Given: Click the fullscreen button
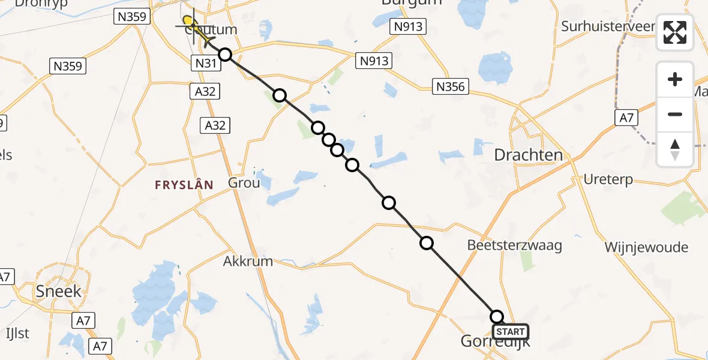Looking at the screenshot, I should pyautogui.click(x=675, y=32).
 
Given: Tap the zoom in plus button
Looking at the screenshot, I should pyautogui.click(x=675, y=79).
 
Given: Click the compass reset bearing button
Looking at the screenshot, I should pyautogui.click(x=675, y=149).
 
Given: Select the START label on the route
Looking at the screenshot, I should pyautogui.click(x=511, y=332).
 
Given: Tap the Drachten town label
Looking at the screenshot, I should pyautogui.click(x=528, y=155).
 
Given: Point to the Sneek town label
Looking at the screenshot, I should pyautogui.click(x=51, y=292).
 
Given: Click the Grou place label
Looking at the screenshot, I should pyautogui.click(x=244, y=182).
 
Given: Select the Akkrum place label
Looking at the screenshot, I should pyautogui.click(x=248, y=261).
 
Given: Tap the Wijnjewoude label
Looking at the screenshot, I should pyautogui.click(x=646, y=247).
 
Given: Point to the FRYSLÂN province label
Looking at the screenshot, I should pyautogui.click(x=184, y=185).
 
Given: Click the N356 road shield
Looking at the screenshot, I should pyautogui.click(x=450, y=87).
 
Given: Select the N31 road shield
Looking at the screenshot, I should pyautogui.click(x=202, y=62).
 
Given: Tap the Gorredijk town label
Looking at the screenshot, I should pyautogui.click(x=495, y=342).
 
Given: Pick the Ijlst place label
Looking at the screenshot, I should pyautogui.click(x=17, y=333).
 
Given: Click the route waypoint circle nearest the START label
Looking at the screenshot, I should pyautogui.click(x=497, y=316).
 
